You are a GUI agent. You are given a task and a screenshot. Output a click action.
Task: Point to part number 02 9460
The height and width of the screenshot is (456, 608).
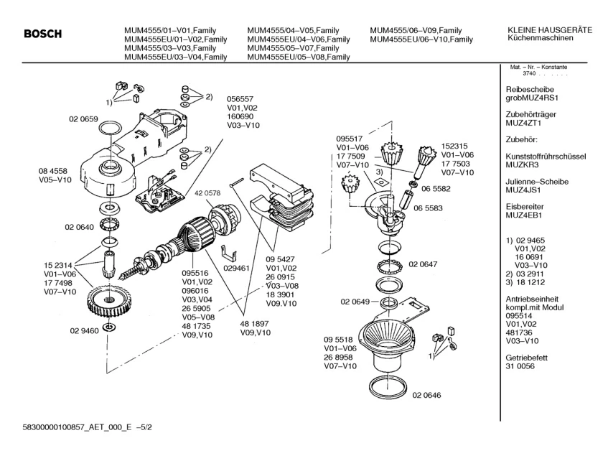84,330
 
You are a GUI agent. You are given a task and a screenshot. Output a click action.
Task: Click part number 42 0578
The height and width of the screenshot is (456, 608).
207,194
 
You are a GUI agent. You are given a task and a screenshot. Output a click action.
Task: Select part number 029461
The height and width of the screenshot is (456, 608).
235,267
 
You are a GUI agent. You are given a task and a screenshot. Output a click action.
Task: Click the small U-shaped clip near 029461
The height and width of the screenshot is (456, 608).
228,251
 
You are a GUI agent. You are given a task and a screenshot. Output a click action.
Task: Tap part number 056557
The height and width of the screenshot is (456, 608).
241,101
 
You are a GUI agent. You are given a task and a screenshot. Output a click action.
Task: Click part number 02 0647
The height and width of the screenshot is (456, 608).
424,265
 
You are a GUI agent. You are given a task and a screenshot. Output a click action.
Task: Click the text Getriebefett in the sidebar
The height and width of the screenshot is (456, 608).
526,356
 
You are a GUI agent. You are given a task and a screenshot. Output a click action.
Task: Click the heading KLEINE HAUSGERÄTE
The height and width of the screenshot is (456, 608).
549,29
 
